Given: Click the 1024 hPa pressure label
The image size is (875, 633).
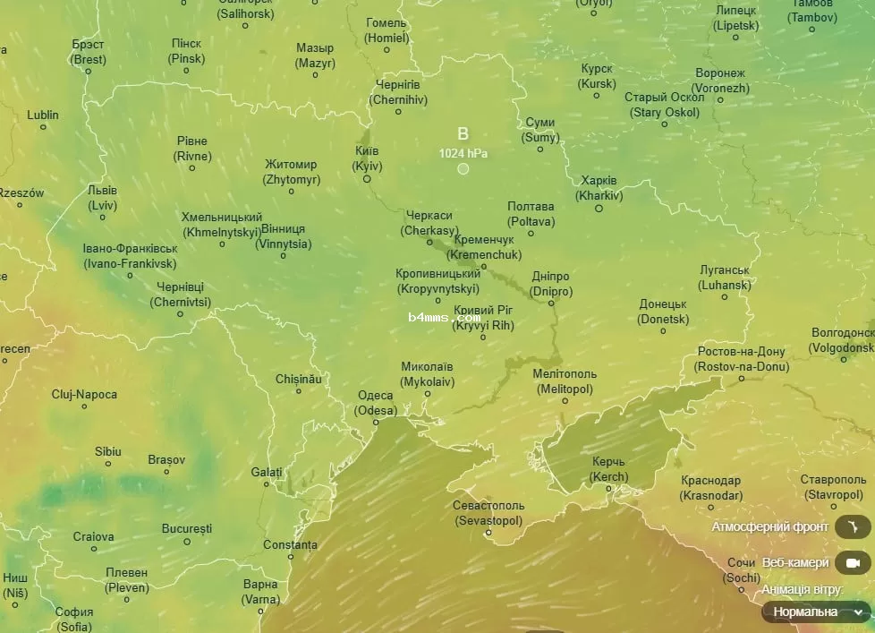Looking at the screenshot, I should tap(463, 153).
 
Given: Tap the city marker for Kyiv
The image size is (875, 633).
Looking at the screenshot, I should tap(367, 179).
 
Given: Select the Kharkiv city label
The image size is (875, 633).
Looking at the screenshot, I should tap(599, 188).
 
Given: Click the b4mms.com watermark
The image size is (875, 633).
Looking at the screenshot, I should tap(444, 317).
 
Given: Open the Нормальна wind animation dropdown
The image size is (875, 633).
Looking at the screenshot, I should tap(815, 612).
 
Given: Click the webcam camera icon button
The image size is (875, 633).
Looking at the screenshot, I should tap(852, 563).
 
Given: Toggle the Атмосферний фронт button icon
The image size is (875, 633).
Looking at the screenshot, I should tap(852, 526).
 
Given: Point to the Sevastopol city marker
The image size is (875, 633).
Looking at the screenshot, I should tap(488, 533).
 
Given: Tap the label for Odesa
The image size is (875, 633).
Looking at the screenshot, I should tap(375, 403).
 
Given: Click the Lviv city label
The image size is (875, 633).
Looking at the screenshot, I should tap(103, 198).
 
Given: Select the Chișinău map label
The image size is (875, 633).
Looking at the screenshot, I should tap(298, 379).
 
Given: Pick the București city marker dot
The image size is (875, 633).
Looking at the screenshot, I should tap(187, 542).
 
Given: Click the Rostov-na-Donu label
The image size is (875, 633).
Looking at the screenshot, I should tap(741, 359).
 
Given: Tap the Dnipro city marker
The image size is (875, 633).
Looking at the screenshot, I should tap(551, 304).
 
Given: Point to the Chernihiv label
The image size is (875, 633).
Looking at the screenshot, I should tap(398, 91).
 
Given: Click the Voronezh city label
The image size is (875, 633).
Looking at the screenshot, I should tap(721, 81).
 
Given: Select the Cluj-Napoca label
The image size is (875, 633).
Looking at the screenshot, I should tap(84, 394).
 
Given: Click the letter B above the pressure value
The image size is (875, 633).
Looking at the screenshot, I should tap(463, 133).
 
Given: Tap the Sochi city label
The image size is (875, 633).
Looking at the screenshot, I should tap(741, 569).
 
